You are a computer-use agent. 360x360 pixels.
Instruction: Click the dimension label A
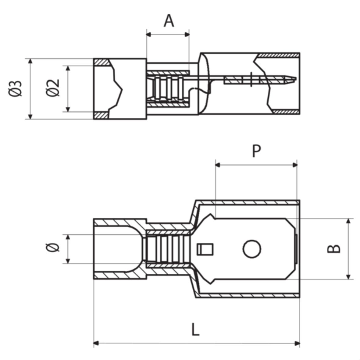coord(169,21)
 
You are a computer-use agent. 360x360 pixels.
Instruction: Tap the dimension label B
coord(334,249)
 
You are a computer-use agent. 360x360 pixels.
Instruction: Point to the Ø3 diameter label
coord(15,88)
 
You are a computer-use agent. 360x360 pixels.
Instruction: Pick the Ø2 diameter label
coord(54,88)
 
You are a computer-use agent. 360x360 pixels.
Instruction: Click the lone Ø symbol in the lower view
coord(52,248)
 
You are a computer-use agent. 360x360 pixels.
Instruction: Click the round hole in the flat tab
coord(252,249)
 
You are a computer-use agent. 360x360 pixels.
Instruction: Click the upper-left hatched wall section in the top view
coord(101,62)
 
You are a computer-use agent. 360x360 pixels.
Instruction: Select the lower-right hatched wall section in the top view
coord(285,112)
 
